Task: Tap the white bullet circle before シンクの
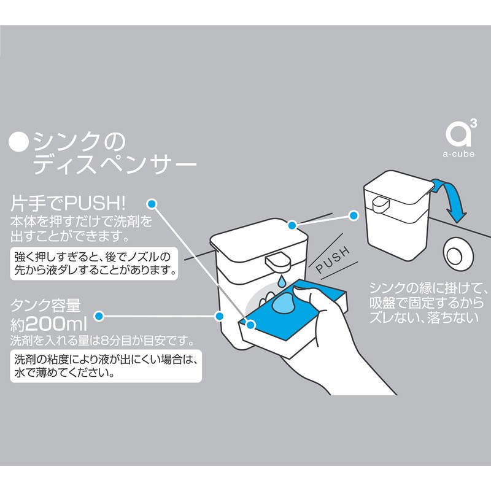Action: point(20,143)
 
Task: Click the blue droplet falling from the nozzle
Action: point(279,282)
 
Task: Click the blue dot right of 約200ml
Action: point(102,317)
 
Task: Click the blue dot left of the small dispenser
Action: point(353,215)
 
